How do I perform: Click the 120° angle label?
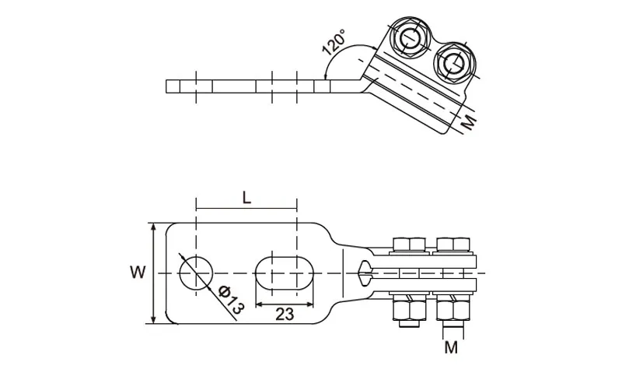[334, 42]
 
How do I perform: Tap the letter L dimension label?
[246, 199]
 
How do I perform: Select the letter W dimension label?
[138, 273]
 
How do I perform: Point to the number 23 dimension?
[285, 315]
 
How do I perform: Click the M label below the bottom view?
[451, 347]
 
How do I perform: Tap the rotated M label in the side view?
[469, 122]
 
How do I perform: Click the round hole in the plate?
[196, 273]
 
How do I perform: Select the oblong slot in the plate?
[285, 273]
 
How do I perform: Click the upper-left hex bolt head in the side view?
[411, 39]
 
